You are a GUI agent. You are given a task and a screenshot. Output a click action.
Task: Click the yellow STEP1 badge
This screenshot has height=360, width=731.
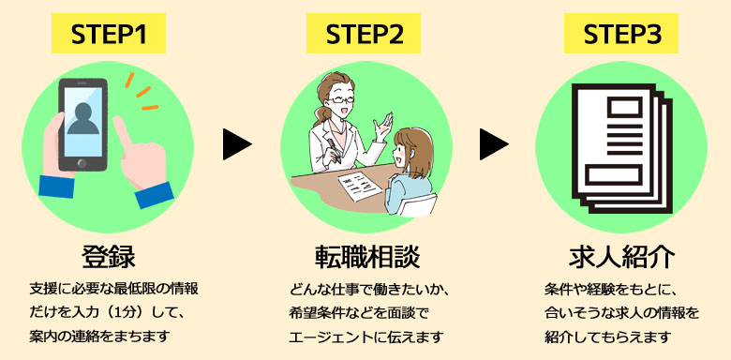point(109,33)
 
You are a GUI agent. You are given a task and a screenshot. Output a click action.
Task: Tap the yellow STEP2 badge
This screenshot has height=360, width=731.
point(364,33)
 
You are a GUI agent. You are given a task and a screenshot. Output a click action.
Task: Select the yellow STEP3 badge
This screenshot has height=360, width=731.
point(621,33)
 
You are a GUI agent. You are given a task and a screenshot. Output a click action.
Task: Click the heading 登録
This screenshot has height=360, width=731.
point(109,256)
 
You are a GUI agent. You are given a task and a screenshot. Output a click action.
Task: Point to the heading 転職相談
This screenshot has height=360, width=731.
point(367,256)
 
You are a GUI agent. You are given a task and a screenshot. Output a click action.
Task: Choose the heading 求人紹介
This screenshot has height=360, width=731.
point(621,256)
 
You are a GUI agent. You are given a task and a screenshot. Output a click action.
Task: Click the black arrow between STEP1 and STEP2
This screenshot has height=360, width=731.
point(237,144)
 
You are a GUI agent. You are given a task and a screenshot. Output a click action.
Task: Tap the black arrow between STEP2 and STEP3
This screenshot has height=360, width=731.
point(494,144)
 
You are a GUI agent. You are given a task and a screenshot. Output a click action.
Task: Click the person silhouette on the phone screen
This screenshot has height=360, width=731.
point(83,118)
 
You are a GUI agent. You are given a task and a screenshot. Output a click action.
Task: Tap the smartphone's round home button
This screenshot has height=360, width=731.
point(82,163)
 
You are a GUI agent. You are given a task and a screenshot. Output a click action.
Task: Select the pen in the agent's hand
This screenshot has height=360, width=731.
point(335,149)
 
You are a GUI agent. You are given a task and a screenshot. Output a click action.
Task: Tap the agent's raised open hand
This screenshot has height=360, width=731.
point(382,126)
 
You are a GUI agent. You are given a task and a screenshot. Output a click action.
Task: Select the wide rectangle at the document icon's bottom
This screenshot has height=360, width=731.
point(614,174)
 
